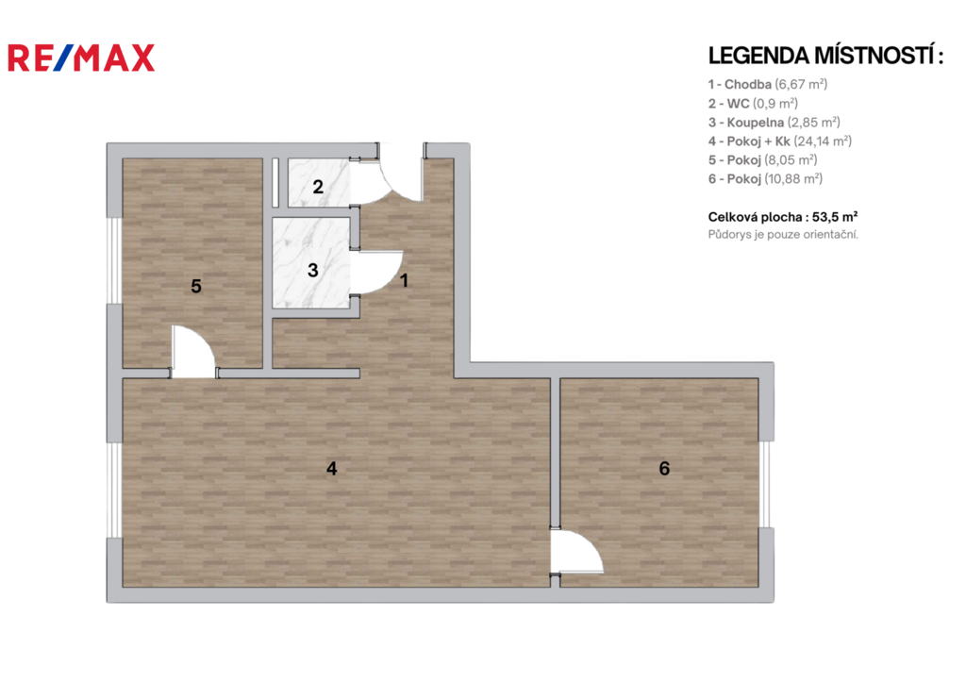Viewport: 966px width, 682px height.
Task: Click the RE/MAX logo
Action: (x=81, y=58)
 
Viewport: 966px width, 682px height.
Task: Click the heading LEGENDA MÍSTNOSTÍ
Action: (x=825, y=56)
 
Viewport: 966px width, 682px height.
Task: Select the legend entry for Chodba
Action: (x=768, y=84)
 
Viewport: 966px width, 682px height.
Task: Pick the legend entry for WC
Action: (x=753, y=104)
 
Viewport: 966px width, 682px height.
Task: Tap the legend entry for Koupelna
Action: (x=774, y=123)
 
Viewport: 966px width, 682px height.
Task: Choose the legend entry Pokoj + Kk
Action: (x=780, y=141)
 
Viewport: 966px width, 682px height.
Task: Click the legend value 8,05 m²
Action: (x=791, y=160)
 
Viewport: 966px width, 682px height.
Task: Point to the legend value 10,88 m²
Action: (x=793, y=178)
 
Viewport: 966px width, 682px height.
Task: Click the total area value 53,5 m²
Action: (x=835, y=217)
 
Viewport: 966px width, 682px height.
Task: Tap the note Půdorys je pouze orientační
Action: (x=783, y=235)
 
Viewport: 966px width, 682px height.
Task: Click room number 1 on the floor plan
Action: (x=404, y=281)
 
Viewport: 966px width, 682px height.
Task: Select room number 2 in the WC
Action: (x=318, y=187)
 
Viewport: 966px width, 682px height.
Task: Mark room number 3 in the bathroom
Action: (x=313, y=270)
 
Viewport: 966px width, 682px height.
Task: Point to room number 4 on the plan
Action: (x=331, y=469)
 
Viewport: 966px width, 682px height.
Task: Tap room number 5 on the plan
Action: (x=196, y=286)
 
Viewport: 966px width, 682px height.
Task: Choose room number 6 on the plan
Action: (x=664, y=469)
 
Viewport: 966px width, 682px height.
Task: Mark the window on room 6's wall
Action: (x=766, y=484)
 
